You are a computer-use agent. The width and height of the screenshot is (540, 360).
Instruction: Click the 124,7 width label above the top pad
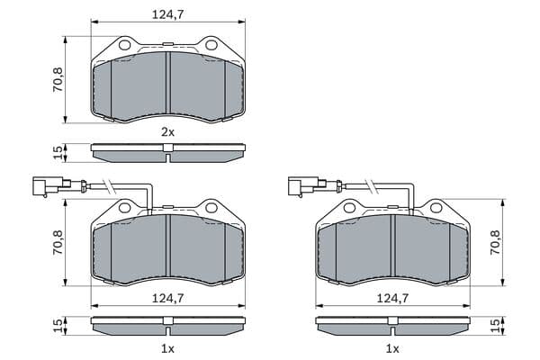(168, 14)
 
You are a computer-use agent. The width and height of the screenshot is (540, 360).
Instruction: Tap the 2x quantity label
(168, 132)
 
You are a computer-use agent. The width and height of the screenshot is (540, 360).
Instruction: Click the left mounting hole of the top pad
(125, 45)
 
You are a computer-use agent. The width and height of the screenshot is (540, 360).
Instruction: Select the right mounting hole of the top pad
(211, 45)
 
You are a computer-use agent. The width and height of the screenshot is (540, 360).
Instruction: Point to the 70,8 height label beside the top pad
(58, 79)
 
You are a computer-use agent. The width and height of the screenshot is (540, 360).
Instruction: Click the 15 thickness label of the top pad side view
(58, 152)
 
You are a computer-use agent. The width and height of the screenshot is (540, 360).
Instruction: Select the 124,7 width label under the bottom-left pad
(168, 298)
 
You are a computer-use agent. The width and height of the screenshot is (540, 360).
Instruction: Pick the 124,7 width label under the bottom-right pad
(392, 298)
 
